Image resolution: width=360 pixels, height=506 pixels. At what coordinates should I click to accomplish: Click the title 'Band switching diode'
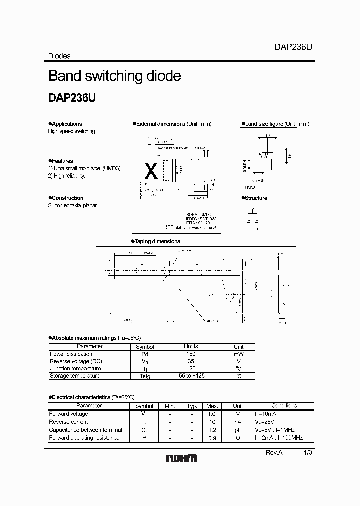click(114, 76)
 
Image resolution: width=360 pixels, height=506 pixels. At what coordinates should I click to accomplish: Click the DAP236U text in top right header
click(293, 47)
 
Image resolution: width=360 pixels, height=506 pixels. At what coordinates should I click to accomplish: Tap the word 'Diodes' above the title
click(59, 56)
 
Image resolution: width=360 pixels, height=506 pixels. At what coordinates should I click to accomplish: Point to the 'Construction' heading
click(67, 198)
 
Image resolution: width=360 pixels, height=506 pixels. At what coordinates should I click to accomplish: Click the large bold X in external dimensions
click(150, 172)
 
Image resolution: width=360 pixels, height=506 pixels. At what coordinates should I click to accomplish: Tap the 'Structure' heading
click(256, 198)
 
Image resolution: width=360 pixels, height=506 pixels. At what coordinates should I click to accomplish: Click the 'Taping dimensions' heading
click(157, 241)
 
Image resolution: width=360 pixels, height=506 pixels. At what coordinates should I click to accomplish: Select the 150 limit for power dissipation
click(190, 354)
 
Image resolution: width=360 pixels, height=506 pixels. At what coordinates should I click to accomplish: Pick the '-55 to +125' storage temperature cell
click(190, 376)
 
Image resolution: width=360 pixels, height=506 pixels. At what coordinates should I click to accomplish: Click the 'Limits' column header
click(190, 346)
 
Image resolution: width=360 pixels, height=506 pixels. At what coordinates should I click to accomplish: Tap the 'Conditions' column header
click(284, 406)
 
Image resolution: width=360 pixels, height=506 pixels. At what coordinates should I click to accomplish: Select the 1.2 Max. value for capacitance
click(212, 430)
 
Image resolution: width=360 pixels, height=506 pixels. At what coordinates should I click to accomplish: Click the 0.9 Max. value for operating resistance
click(212, 438)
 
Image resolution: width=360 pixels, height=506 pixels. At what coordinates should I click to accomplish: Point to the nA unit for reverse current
click(238, 422)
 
